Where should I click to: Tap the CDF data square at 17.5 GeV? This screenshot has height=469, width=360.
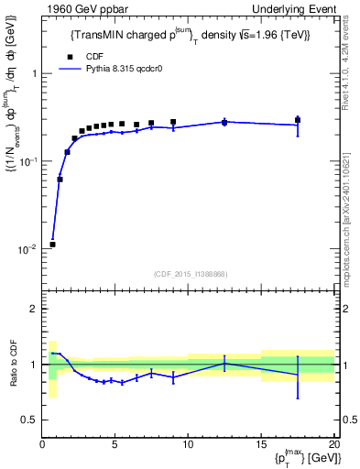(298, 120)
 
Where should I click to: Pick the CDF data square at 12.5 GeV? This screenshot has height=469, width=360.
(224, 122)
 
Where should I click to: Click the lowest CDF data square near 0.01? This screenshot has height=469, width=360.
(52, 245)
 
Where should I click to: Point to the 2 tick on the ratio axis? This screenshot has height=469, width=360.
(35, 310)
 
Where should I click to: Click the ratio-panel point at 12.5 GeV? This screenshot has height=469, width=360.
(224, 364)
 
